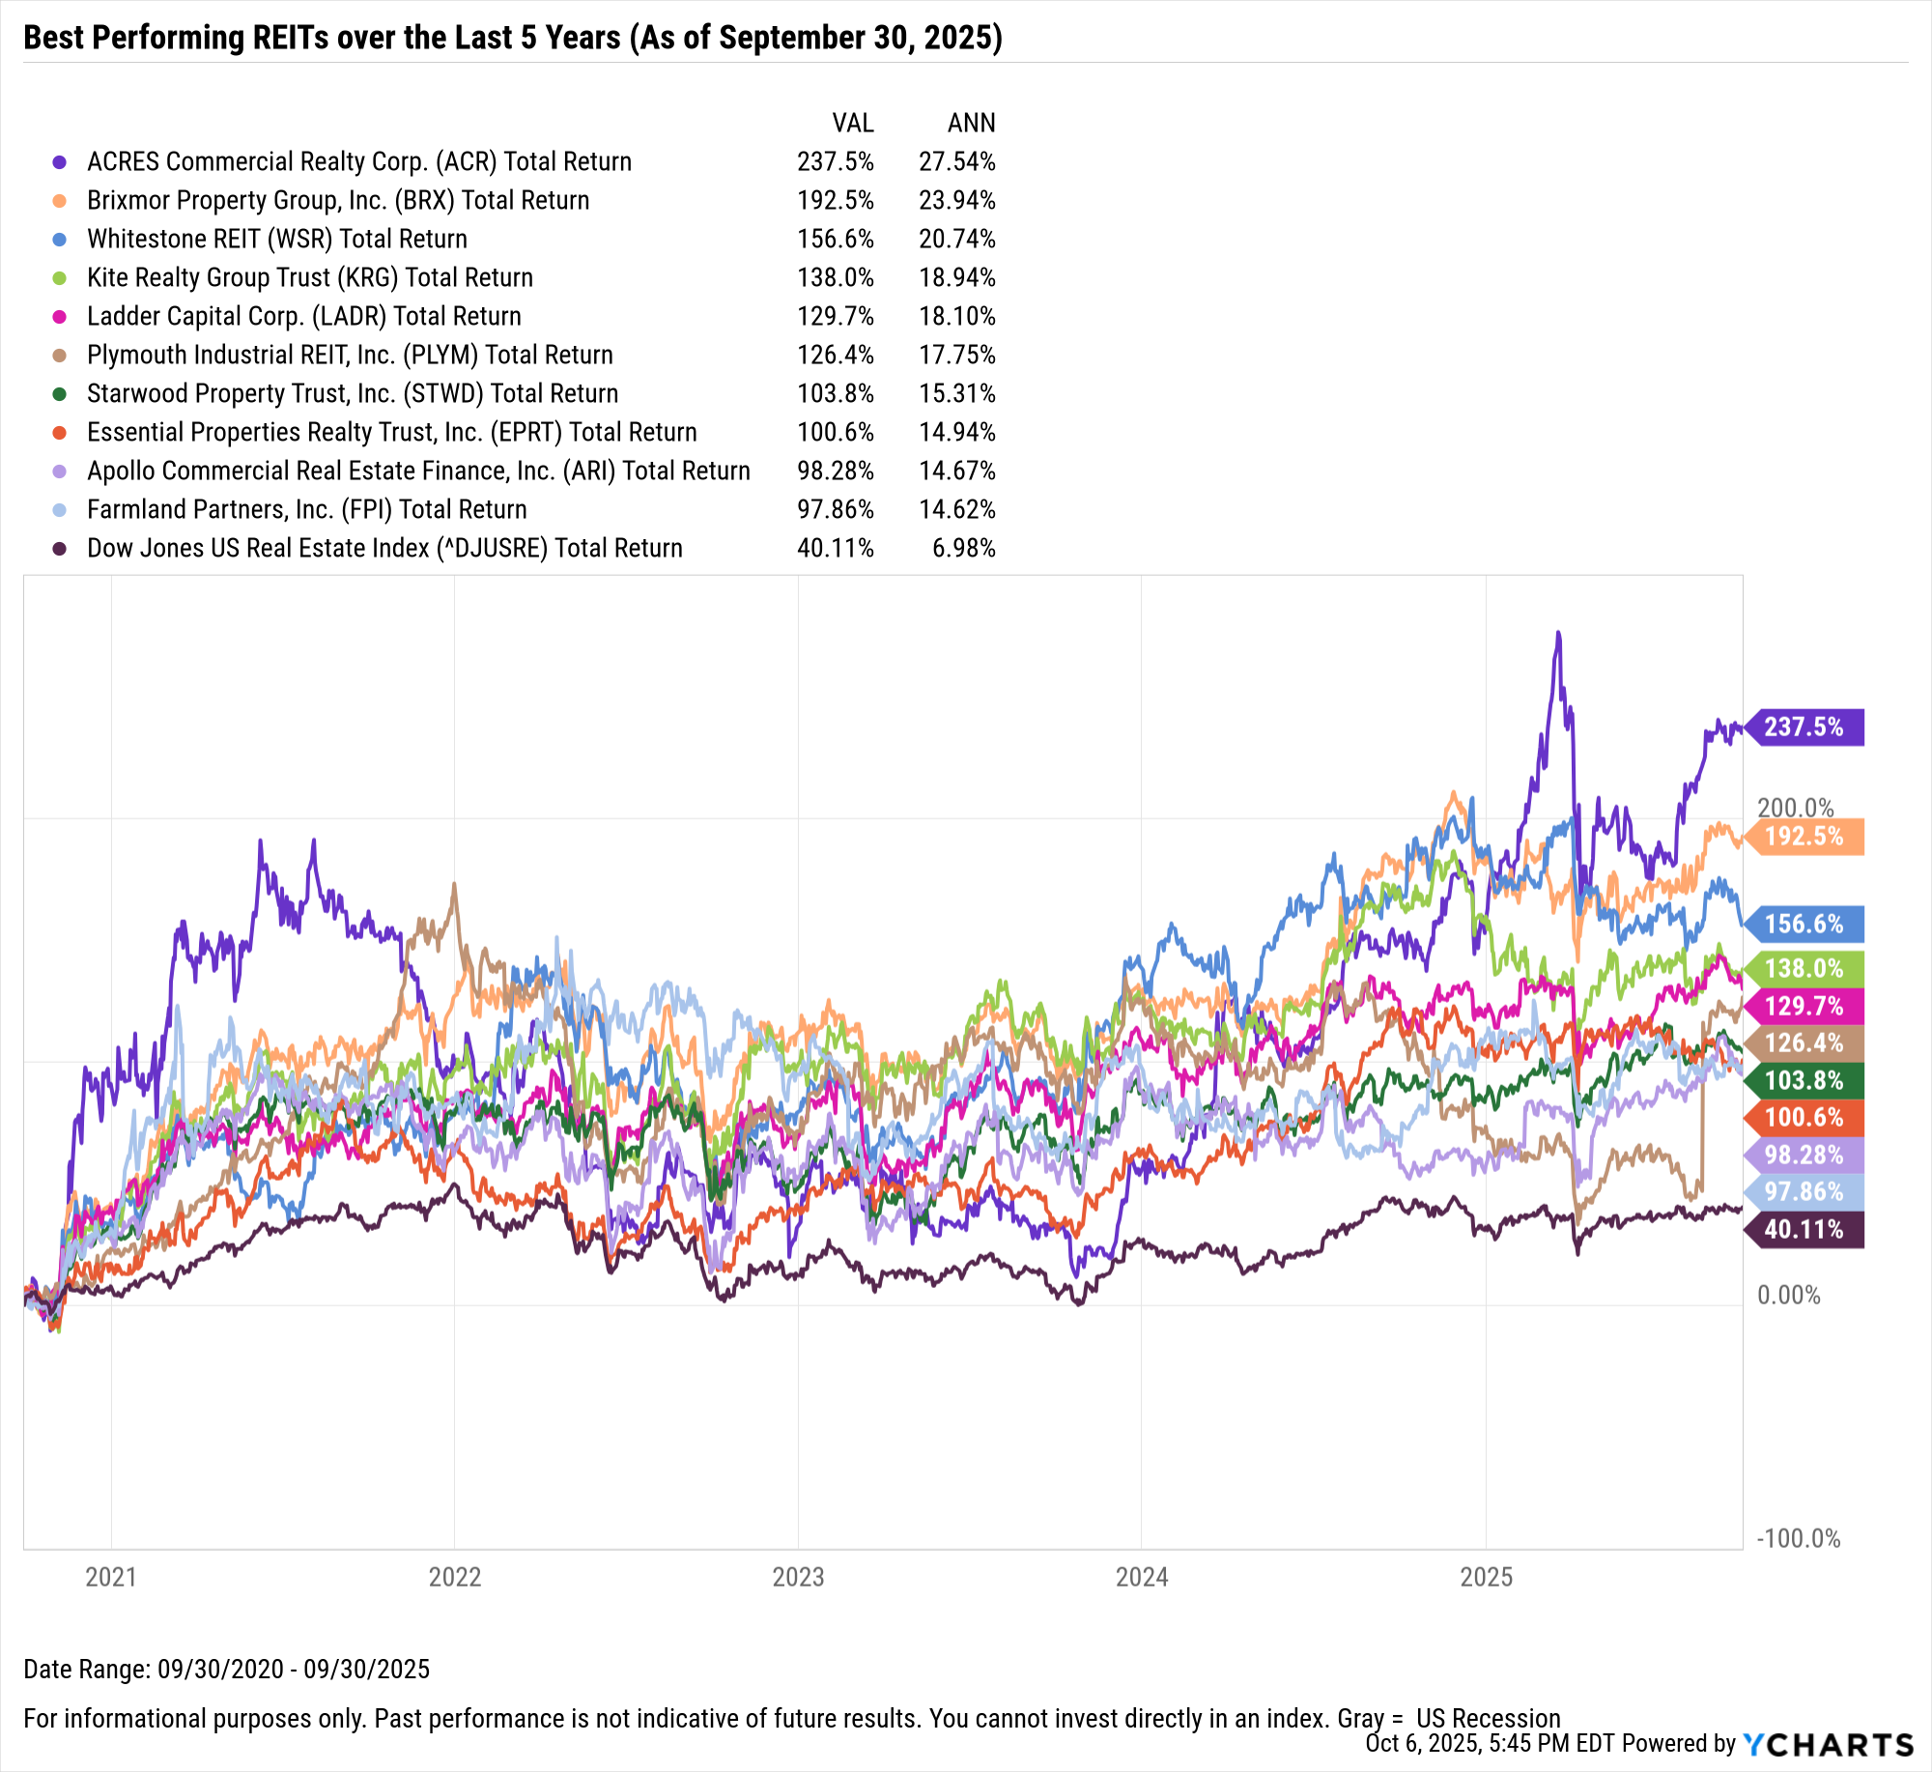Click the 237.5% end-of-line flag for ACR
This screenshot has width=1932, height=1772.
pyautogui.click(x=1804, y=727)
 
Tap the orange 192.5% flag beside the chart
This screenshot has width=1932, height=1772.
pyautogui.click(x=1804, y=836)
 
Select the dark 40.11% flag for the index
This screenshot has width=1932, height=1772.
pyautogui.click(x=1804, y=1229)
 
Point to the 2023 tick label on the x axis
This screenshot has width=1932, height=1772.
pyautogui.click(x=798, y=1578)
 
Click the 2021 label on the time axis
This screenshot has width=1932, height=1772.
pyautogui.click(x=111, y=1578)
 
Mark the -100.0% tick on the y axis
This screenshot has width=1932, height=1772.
pyautogui.click(x=1798, y=1538)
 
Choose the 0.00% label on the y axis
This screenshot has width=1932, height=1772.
pyautogui.click(x=1788, y=1295)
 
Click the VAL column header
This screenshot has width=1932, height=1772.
pyautogui.click(x=853, y=123)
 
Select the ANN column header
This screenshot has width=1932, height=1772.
pyautogui.click(x=971, y=123)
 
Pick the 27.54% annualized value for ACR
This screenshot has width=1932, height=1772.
pyautogui.click(x=956, y=161)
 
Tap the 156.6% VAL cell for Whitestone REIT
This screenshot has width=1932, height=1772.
pyautogui.click(x=835, y=239)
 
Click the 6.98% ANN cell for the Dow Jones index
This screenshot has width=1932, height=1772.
pyautogui.click(x=963, y=548)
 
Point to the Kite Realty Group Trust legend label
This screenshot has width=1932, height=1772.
pyautogui.click(x=310, y=277)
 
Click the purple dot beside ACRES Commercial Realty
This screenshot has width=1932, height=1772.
pyautogui.click(x=60, y=162)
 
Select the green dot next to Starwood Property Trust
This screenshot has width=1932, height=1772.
pyautogui.click(x=60, y=394)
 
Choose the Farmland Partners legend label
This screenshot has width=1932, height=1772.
pyautogui.click(x=307, y=509)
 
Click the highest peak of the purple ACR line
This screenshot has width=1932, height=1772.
pyautogui.click(x=1557, y=634)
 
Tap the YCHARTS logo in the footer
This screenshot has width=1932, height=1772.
pyautogui.click(x=1828, y=1744)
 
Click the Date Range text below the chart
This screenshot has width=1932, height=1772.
pyautogui.click(x=226, y=1669)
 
